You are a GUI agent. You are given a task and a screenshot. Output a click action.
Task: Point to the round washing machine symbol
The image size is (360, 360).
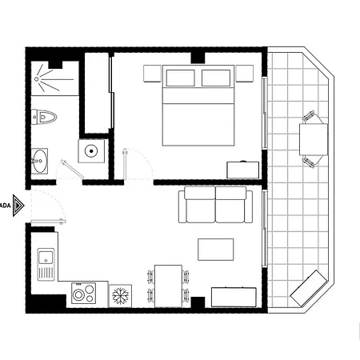[x=92, y=150]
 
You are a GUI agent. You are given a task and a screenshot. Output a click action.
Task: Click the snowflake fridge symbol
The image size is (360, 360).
[x=122, y=296]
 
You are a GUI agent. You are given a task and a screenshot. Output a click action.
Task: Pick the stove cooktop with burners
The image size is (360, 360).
[x=84, y=294]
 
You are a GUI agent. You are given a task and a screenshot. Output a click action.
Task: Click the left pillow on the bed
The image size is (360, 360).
[x=180, y=78]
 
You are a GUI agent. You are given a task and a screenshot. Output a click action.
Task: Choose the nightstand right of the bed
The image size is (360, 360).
[x=245, y=74]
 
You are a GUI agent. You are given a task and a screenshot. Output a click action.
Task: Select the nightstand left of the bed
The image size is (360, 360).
[x=154, y=74]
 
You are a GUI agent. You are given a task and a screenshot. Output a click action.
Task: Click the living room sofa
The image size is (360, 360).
[x=214, y=205]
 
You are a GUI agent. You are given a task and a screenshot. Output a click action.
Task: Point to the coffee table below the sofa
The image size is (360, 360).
[x=216, y=249]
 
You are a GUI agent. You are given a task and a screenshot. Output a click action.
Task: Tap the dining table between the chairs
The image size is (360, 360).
[x=167, y=285]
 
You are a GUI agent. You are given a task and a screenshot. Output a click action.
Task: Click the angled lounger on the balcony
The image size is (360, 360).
[x=308, y=287]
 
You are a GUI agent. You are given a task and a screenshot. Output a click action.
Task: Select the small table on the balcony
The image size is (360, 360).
[x=311, y=139]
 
